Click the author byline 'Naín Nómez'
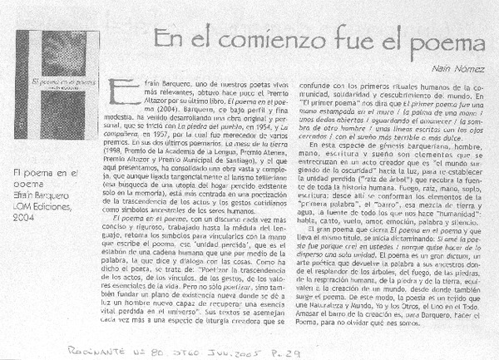tap(460, 72)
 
